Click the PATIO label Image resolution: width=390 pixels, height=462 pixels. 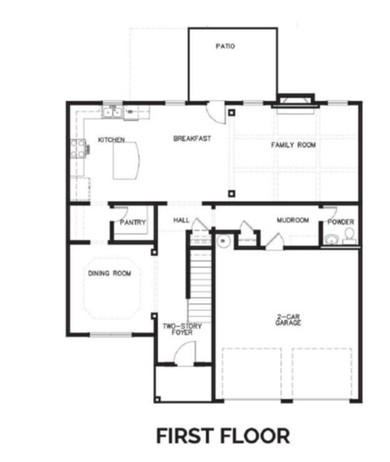click(x=225, y=46)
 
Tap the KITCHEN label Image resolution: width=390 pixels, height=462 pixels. click(x=112, y=140)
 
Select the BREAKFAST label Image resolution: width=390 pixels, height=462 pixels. click(x=192, y=138)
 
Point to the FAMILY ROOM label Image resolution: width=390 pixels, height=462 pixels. click(x=293, y=145)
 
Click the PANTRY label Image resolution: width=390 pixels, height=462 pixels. click(x=133, y=222)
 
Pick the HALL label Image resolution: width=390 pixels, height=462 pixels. click(x=182, y=220)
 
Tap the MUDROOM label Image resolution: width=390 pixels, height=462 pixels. click(x=293, y=220)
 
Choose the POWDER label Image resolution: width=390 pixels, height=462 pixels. click(x=341, y=222)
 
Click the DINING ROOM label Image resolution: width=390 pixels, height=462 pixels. click(x=110, y=274)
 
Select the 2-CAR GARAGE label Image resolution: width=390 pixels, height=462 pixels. click(x=288, y=320)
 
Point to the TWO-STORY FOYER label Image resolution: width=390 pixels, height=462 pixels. click(x=182, y=329)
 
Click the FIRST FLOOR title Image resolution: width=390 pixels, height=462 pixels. click(x=223, y=436)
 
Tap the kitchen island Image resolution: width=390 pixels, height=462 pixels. click(x=127, y=161)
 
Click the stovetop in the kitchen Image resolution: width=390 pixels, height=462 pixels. click(x=78, y=149)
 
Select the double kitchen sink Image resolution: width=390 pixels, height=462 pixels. click(x=112, y=113)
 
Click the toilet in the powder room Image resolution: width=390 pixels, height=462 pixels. click(x=349, y=234)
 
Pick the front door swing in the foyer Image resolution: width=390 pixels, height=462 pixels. click(x=185, y=354)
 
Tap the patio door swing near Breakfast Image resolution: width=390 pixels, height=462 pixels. click(x=216, y=112)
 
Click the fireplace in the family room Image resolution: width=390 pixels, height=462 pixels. click(x=296, y=103)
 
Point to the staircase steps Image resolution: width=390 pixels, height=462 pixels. click(x=200, y=286)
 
